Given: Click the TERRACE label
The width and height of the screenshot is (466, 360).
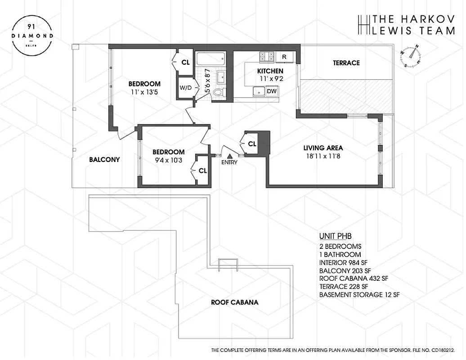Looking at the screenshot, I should pos(346,63).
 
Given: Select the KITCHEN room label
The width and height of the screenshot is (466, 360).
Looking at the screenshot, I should pos(270,71).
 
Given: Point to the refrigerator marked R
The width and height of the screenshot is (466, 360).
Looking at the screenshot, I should pos(284,57).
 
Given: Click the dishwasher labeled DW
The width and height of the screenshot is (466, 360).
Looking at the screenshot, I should pos(271,91).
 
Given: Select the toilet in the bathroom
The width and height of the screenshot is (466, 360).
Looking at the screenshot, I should pos(218,93).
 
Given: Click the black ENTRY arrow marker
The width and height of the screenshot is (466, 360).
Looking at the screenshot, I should pos(229,155).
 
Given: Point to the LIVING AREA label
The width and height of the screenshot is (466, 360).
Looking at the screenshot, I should pos(323,148).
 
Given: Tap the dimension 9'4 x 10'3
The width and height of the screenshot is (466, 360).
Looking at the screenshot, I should pos(168,160).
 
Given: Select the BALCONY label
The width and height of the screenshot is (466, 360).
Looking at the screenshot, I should pos(104,159).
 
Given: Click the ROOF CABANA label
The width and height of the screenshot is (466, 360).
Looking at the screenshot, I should pos(234,302).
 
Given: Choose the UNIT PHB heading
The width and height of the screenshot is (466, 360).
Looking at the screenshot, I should pos(335,236).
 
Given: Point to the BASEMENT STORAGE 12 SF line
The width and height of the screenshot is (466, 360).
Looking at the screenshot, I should pos(359,295).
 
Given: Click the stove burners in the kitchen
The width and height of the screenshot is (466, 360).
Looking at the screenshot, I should pos(267,57).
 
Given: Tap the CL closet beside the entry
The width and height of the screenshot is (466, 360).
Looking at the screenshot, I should pos(252,144).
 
